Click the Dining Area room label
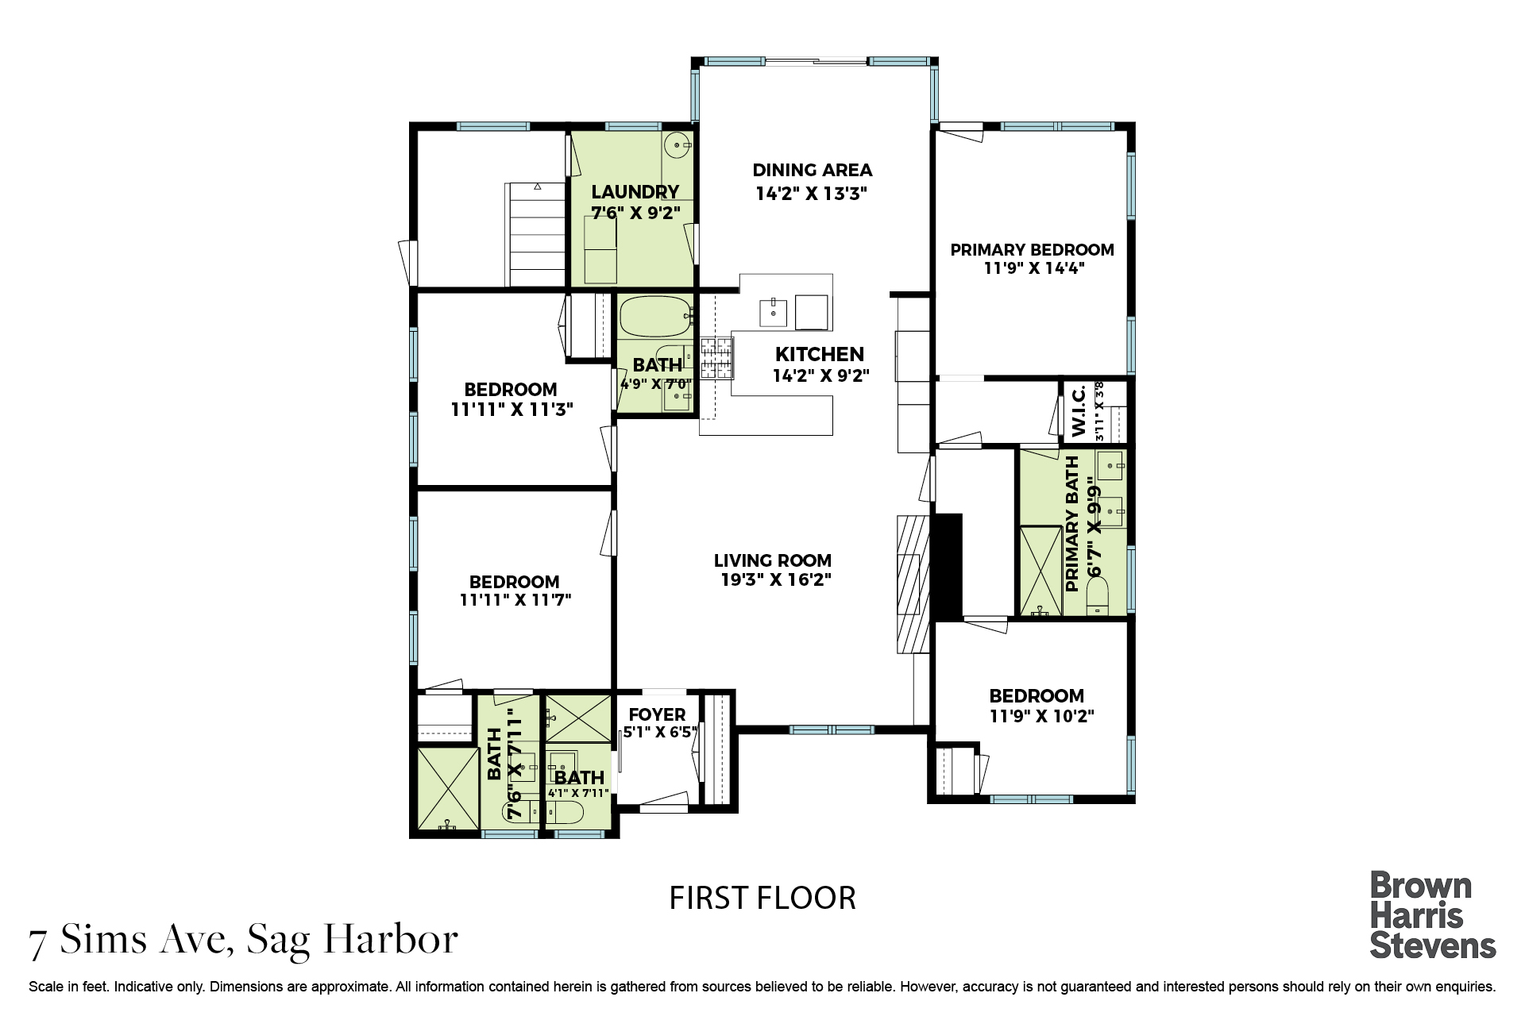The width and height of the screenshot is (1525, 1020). (x=812, y=170)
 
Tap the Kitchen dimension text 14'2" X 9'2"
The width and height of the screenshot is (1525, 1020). (x=821, y=375)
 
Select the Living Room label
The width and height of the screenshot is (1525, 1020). (x=772, y=560)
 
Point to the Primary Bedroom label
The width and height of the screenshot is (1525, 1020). (x=1032, y=250)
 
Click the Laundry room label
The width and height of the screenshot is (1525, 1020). (x=635, y=191)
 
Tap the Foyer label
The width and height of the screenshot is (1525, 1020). (x=657, y=715)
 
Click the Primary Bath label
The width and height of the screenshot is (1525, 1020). (x=1072, y=524)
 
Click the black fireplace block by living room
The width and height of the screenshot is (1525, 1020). (x=946, y=567)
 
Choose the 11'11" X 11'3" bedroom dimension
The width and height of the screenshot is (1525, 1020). (x=512, y=410)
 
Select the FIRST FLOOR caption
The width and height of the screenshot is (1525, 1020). (x=762, y=899)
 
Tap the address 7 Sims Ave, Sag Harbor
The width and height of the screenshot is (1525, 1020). (x=243, y=941)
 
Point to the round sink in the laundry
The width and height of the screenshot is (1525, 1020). (x=677, y=144)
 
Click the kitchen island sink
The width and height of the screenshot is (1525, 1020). (x=773, y=313)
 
